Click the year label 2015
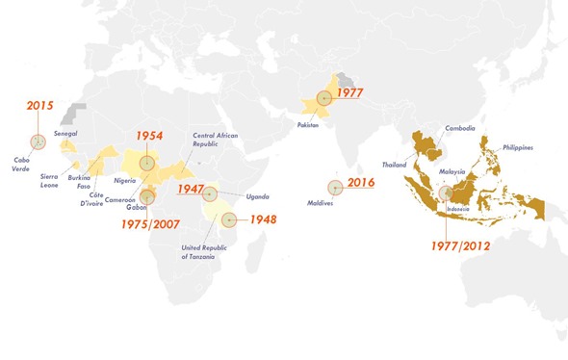[39, 106]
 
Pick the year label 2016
[361, 183]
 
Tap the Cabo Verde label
[22, 165]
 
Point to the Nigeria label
[124, 180]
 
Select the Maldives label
[333, 202]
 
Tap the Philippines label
[517, 148]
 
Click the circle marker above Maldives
[334, 188]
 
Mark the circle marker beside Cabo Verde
[38, 141]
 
